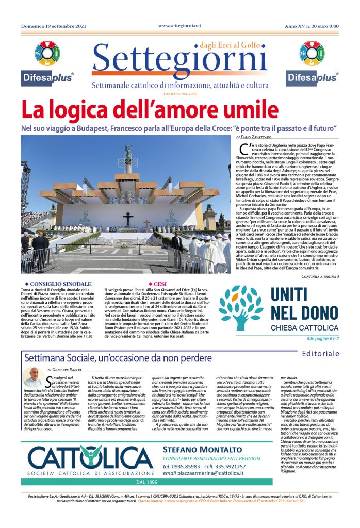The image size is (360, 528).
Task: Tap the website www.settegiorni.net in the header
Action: [179, 25]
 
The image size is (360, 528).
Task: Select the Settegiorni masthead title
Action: [179, 61]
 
